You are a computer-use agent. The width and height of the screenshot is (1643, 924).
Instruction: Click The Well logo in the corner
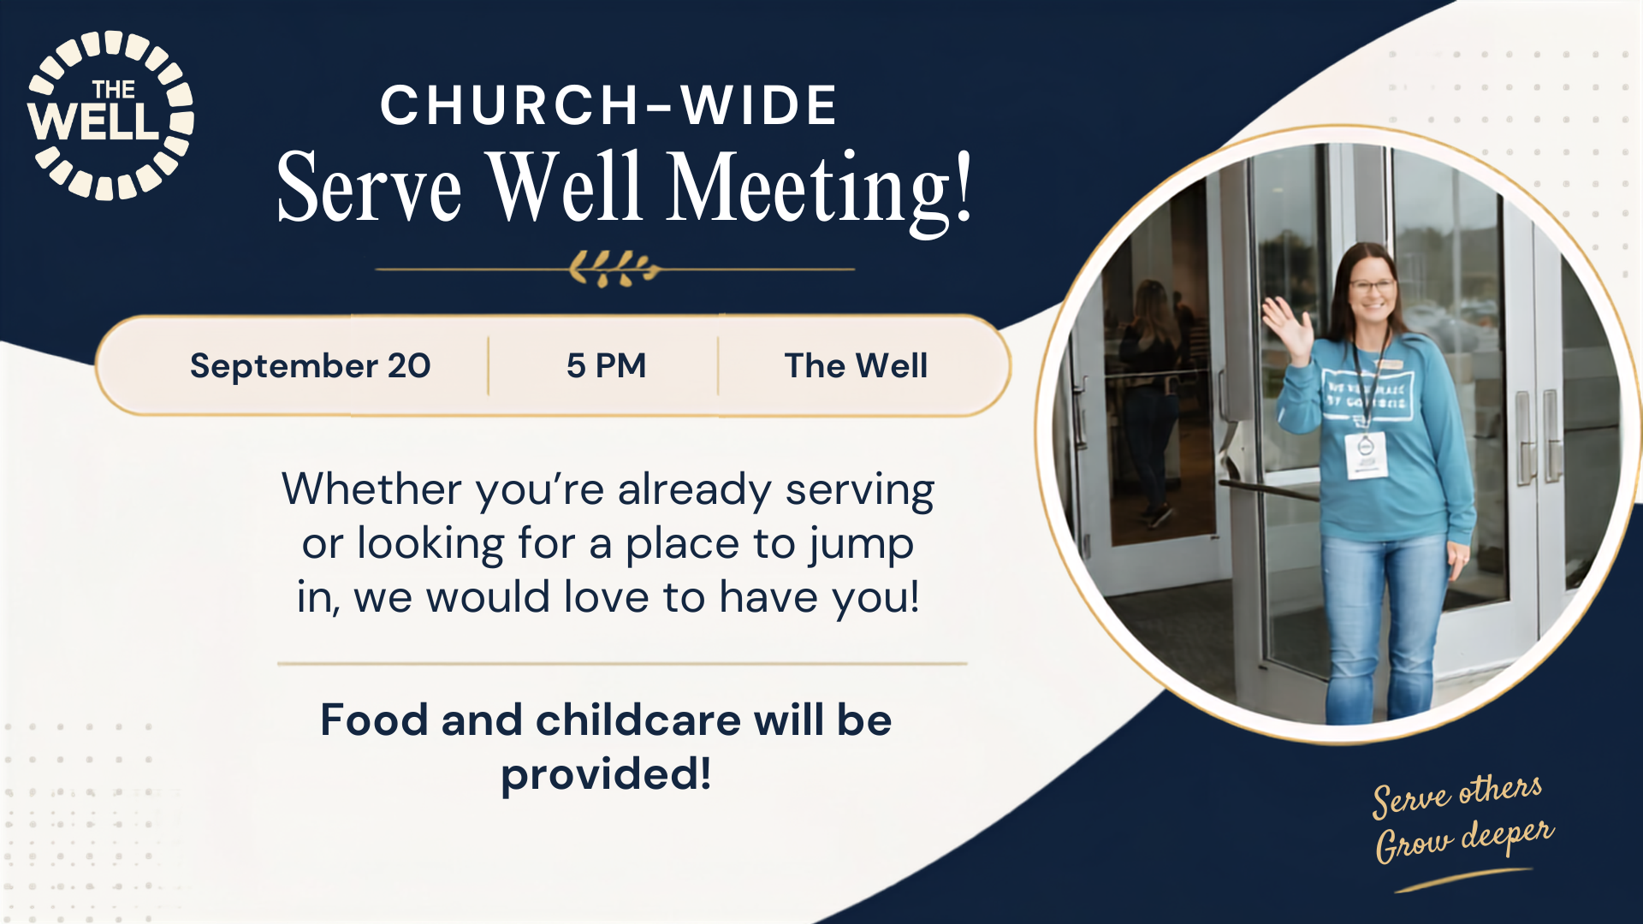tap(110, 115)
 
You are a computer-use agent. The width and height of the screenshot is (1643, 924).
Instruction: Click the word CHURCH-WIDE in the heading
tap(608, 105)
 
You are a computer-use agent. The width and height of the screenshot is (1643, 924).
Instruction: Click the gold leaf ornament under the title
tap(614, 269)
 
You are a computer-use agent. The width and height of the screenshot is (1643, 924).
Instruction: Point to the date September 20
tap(311, 365)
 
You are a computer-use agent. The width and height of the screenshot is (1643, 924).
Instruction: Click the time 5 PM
tap(606, 365)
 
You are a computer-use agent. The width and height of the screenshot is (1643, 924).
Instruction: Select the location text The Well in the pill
tap(856, 365)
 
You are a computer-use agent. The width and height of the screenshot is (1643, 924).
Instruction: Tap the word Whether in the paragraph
tap(372, 489)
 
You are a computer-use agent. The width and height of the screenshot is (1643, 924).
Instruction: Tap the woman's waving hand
tap(1285, 326)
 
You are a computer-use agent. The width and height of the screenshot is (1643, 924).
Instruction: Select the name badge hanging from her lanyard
tap(1366, 454)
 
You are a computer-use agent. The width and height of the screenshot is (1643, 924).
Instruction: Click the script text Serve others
tap(1457, 796)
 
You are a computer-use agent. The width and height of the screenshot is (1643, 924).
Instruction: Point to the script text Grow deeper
tap(1464, 839)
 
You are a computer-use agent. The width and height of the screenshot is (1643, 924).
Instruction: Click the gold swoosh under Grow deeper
tap(1463, 880)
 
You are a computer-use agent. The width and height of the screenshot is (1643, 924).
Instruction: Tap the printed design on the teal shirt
tap(1367, 394)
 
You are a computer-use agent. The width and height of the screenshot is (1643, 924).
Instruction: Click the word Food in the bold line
tap(374, 720)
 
